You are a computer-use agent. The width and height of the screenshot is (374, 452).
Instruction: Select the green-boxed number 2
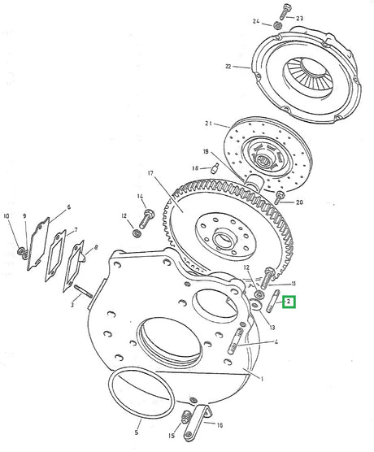[288, 303]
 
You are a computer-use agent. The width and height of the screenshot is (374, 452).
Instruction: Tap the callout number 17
[150, 172]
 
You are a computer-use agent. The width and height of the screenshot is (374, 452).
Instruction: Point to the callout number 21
[208, 124]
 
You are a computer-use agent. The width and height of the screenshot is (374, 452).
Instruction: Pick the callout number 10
[68, 208]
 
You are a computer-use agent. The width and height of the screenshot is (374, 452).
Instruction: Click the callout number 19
[207, 151]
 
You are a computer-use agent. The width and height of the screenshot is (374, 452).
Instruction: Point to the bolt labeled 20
[280, 195]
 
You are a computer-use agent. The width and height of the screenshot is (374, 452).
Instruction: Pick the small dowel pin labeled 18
[215, 169]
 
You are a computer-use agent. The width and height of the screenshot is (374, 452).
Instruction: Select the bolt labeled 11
[269, 281]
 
